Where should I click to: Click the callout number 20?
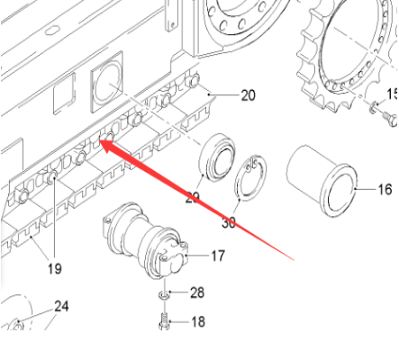pos(248,95)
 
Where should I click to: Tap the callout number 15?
pos(392,94)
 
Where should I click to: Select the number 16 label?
pos(385,190)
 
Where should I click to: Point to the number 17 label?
pos(218,256)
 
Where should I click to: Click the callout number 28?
pos(196,293)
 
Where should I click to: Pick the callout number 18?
pos(197,321)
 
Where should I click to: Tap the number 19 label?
pos(56,267)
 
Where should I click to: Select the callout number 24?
pos(60,307)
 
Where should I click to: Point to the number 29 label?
pos(193,196)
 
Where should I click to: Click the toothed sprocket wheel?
pos(346,54)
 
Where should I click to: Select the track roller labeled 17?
pos(149,242)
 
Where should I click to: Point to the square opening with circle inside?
pos(109,80)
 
